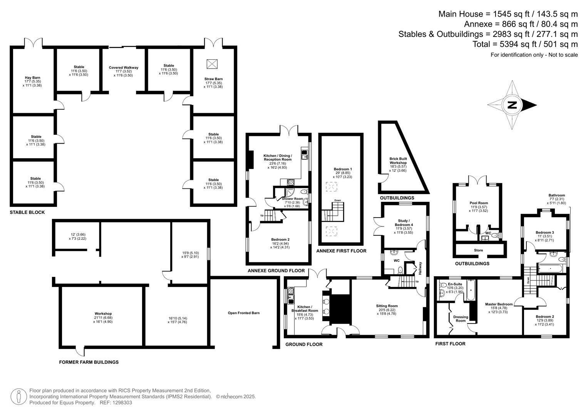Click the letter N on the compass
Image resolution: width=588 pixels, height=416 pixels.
point(512,105)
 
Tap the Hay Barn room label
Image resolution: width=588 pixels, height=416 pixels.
point(33,77)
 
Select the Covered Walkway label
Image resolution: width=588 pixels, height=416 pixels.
point(123,67)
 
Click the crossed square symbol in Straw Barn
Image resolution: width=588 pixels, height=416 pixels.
point(212,64)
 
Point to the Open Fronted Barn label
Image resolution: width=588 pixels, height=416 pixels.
point(244,313)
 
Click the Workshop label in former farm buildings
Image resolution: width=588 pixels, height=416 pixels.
point(103,314)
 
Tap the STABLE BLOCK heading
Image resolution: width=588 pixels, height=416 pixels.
point(27,212)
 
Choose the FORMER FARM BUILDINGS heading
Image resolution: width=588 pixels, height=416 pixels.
point(89,362)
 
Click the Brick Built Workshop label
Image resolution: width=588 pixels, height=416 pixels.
point(398,161)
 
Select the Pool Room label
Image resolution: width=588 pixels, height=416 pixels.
point(479,203)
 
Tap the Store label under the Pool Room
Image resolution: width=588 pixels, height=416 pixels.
point(478,250)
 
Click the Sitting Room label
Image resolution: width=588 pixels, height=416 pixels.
point(387,306)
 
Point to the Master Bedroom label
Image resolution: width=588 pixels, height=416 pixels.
point(499,304)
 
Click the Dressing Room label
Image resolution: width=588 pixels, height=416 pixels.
point(461,319)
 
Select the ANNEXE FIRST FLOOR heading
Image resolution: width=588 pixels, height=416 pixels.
point(341,251)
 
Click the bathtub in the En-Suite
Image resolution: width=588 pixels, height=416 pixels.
point(471,290)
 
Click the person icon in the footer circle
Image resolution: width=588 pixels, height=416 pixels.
point(18,397)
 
